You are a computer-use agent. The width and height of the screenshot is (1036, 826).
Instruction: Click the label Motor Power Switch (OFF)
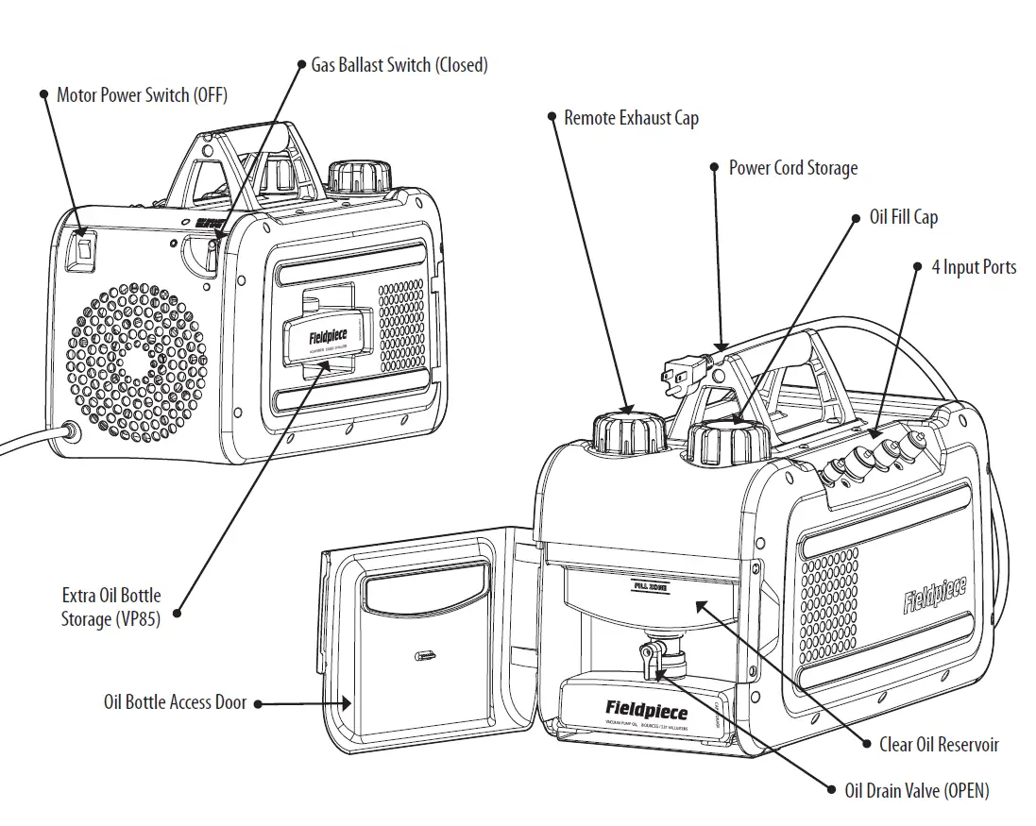[x=142, y=94]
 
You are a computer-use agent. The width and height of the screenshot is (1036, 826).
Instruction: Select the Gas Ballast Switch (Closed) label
[x=399, y=65]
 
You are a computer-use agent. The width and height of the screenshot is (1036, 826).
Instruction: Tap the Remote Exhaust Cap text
[x=631, y=118]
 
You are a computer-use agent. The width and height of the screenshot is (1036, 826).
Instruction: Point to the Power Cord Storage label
[x=792, y=168]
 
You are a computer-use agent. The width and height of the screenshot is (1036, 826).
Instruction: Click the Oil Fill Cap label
[x=903, y=217]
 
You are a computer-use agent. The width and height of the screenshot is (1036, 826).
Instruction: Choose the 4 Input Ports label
[x=973, y=267]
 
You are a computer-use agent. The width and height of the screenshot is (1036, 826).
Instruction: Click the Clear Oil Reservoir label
[x=938, y=744]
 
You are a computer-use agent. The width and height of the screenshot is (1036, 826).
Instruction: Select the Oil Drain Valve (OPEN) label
[x=916, y=791]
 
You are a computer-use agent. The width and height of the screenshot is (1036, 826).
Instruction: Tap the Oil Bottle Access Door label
[x=175, y=702]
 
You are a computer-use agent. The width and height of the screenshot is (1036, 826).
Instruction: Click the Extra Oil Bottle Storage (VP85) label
[x=111, y=607]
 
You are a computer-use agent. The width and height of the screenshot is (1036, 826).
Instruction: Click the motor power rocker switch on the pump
[x=83, y=248]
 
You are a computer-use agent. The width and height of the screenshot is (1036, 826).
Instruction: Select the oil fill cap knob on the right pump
[x=727, y=443]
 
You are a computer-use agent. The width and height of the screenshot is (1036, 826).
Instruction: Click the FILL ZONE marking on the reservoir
[x=652, y=586]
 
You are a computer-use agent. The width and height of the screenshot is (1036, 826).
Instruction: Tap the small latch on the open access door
[x=424, y=653]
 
